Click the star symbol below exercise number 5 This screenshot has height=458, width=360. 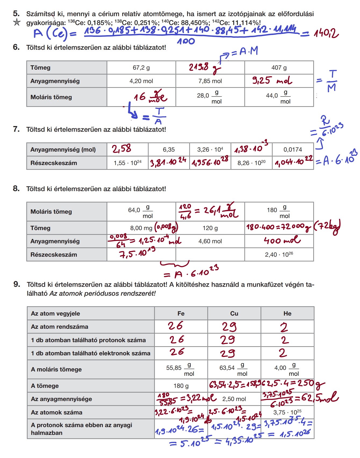[x=17, y=22]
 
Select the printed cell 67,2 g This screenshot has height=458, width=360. [x=141, y=68]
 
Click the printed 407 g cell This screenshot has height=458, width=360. [x=279, y=68]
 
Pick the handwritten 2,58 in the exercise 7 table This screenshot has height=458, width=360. [x=122, y=149]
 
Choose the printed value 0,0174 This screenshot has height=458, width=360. [x=293, y=150]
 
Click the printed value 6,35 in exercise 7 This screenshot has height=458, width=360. [x=169, y=150]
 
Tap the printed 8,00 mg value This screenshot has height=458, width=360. [x=141, y=228]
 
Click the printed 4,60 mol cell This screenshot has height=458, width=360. [x=210, y=241]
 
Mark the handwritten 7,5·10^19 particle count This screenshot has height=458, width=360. [x=137, y=253]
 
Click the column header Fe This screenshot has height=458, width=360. [x=181, y=314]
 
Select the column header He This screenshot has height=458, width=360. [x=287, y=314]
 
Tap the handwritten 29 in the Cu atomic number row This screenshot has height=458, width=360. [x=229, y=327]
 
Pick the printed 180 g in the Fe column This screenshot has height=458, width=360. [x=181, y=386]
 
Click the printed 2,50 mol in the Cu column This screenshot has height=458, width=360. [x=234, y=399]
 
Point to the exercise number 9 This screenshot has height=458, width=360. [x=17, y=284]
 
